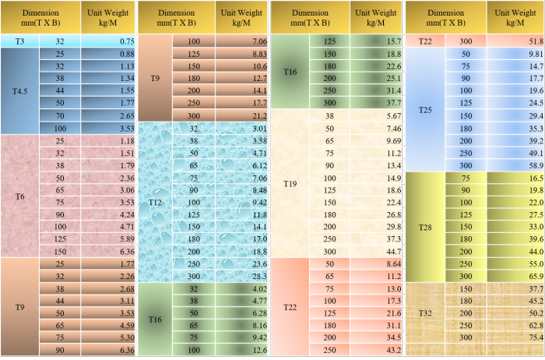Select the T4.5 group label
tap(19, 91)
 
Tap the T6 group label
tap(19, 196)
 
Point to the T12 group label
tap(155, 203)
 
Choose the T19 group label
tap(290, 185)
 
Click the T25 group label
tap(425, 110)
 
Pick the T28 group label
tap(425, 228)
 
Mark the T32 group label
tap(425, 313)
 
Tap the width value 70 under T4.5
tap(60, 115)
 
